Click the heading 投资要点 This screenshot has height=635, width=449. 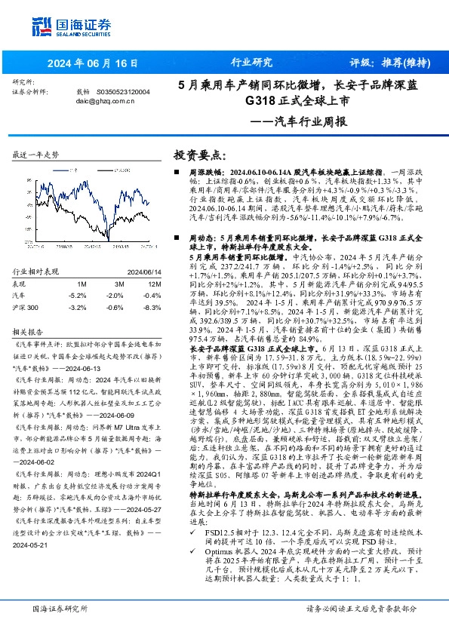pos(199,155)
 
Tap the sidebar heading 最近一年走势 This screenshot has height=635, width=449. pos(36,155)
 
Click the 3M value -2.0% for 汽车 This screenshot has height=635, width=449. pos(115,296)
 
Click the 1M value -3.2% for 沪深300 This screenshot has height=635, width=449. pos(88,308)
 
